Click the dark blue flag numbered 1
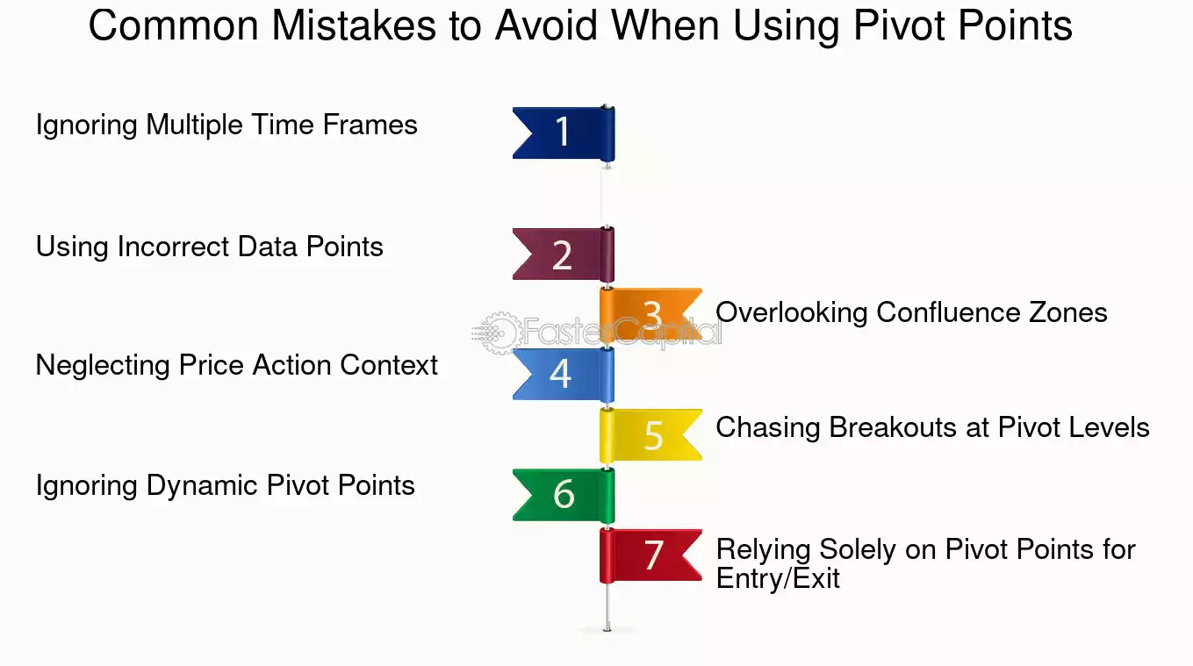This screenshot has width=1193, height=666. click(x=564, y=133)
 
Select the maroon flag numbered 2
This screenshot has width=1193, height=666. click(x=564, y=254)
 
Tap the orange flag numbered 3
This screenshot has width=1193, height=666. click(x=650, y=314)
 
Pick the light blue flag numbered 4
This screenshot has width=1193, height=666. click(x=564, y=375)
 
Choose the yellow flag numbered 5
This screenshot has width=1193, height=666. click(x=650, y=435)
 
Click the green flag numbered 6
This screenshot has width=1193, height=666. click(x=564, y=495)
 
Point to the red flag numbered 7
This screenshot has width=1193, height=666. click(x=650, y=555)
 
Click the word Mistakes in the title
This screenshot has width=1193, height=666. click(x=354, y=25)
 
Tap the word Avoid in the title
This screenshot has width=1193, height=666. click(x=546, y=25)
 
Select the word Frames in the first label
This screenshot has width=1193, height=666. click(x=370, y=125)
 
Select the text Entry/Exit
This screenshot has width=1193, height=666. click(x=778, y=579)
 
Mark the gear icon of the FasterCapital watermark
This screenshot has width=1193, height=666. click(x=500, y=333)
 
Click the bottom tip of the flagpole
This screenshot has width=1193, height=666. click(x=607, y=630)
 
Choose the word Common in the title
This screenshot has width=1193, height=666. click(x=174, y=25)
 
